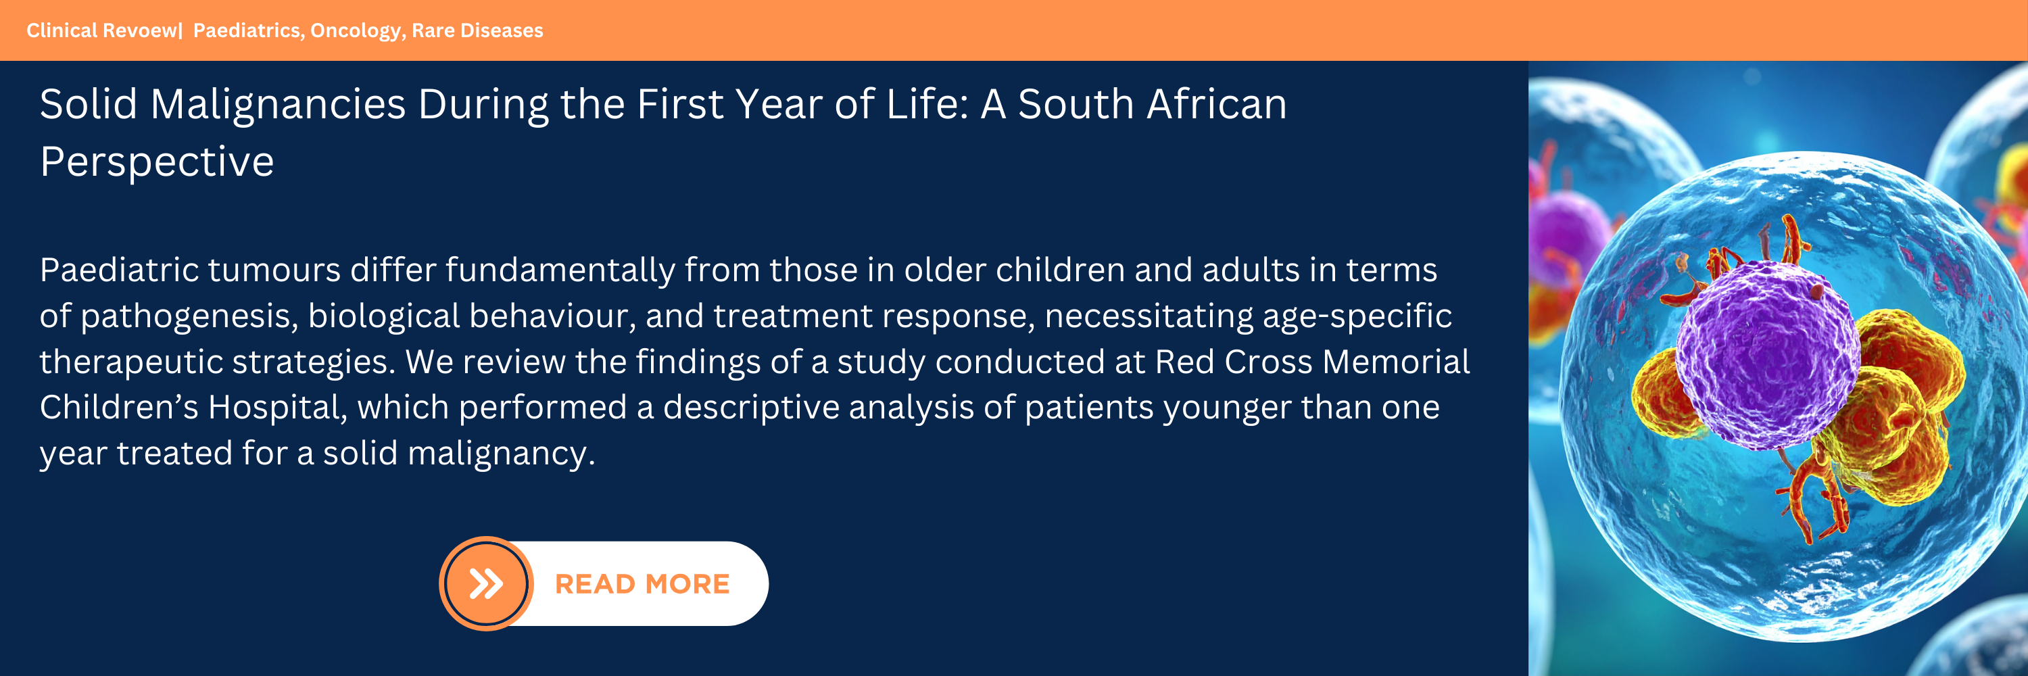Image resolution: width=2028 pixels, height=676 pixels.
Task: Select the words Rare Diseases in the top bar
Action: pyautogui.click(x=477, y=30)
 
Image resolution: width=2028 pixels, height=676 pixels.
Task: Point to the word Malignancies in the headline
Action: pyautogui.click(x=278, y=105)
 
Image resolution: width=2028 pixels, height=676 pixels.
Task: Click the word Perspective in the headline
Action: pyautogui.click(x=157, y=163)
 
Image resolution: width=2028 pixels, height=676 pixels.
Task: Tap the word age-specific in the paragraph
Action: pyautogui.click(x=1357, y=316)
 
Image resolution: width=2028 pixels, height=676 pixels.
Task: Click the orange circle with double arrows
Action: pyautogui.click(x=486, y=583)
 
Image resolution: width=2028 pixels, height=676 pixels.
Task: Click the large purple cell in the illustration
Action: pyautogui.click(x=1766, y=354)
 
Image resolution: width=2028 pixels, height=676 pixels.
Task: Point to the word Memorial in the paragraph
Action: pyautogui.click(x=1396, y=362)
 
